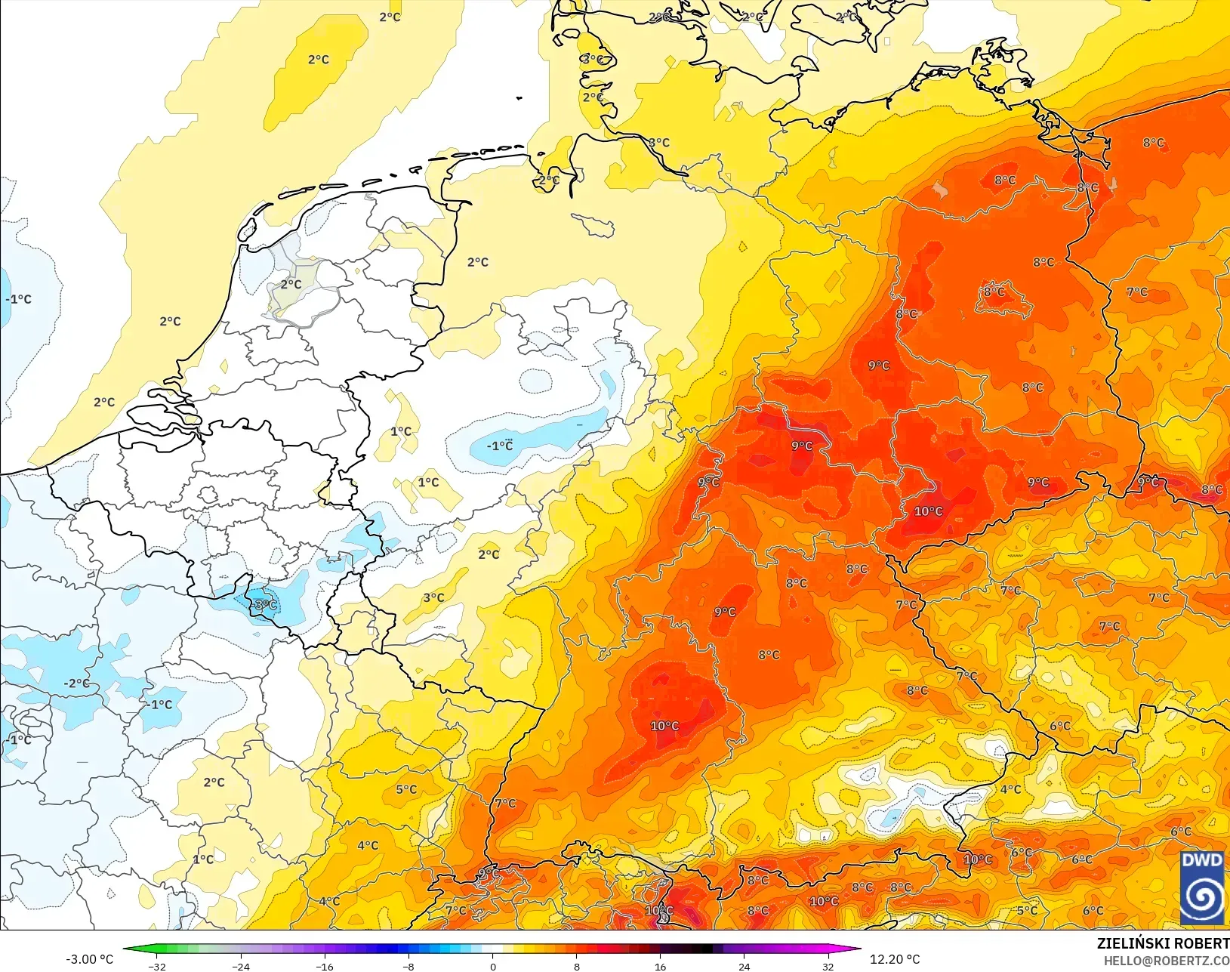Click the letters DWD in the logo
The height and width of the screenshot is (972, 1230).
(1201, 860)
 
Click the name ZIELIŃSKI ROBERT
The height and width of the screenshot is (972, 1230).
(1163, 943)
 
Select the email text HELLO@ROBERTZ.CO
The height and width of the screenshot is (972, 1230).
(1167, 961)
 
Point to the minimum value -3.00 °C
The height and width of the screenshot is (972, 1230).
(89, 959)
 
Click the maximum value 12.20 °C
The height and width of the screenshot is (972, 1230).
(895, 959)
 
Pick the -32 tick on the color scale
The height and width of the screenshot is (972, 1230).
(157, 966)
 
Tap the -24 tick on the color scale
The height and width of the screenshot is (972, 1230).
(241, 966)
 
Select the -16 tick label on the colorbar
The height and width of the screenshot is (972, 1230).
(325, 966)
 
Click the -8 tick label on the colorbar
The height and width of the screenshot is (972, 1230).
(408, 966)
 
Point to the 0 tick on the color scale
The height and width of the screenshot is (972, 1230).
(493, 966)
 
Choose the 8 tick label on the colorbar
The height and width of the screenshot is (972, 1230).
(577, 966)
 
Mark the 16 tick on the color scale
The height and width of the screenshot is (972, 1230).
(661, 966)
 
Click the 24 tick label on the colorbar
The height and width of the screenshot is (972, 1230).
(744, 966)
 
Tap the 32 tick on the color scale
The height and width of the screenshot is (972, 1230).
(828, 966)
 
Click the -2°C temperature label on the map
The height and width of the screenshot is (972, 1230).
(76, 683)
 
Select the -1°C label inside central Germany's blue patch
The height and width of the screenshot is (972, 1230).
(499, 446)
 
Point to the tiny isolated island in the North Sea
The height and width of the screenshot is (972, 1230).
(519, 97)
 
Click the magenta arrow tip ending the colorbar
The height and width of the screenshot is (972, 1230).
(857, 949)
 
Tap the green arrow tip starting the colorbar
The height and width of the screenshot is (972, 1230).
(127, 949)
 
